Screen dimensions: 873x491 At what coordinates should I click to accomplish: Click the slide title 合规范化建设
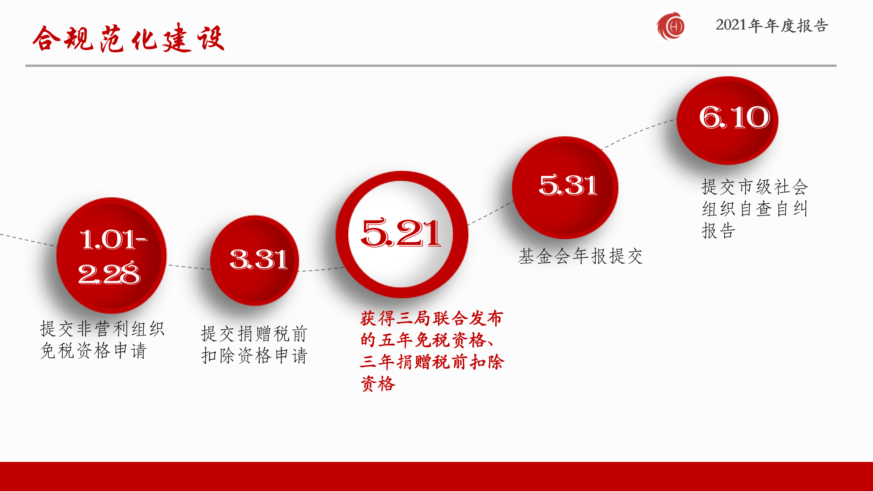pyautogui.click(x=129, y=38)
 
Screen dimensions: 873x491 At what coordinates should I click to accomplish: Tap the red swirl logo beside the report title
pyautogui.click(x=671, y=26)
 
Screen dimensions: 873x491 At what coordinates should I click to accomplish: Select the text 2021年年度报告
pyautogui.click(x=772, y=25)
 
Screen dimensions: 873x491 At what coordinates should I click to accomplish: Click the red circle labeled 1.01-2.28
pyautogui.click(x=111, y=256)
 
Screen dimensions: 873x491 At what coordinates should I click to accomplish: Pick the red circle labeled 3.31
pyautogui.click(x=255, y=261)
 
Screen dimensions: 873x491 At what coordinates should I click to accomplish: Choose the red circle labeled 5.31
pyautogui.click(x=565, y=188)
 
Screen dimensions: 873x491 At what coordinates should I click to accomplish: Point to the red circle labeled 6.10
pyautogui.click(x=727, y=120)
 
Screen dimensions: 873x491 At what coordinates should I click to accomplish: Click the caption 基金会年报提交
pyautogui.click(x=581, y=256)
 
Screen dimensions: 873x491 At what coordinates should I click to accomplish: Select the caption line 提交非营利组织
pyautogui.click(x=102, y=329)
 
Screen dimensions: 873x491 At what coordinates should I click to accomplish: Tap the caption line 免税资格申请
pyautogui.click(x=93, y=351)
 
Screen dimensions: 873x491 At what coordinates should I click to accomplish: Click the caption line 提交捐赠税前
pyautogui.click(x=255, y=334)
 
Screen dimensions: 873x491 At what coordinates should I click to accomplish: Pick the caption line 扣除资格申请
pyautogui.click(x=255, y=356)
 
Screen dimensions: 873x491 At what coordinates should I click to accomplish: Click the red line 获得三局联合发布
pyautogui.click(x=432, y=318)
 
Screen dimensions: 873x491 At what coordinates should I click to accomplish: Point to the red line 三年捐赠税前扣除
pyautogui.click(x=432, y=362)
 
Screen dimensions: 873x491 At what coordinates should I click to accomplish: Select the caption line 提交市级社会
pyautogui.click(x=755, y=187)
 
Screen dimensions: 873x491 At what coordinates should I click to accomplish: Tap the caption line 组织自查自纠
pyautogui.click(x=755, y=209)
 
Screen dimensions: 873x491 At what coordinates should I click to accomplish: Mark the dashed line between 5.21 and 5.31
pyautogui.click(x=490, y=214)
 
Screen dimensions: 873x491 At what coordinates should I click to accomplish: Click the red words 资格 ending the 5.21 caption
pyautogui.click(x=378, y=384)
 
